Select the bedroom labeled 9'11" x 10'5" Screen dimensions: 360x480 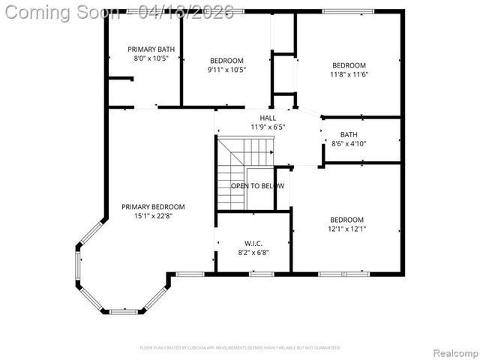click(x=226, y=65)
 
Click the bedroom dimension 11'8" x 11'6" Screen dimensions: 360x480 click(x=349, y=74)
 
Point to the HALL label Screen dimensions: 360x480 click(x=268, y=118)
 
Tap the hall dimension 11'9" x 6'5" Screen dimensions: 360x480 click(x=268, y=127)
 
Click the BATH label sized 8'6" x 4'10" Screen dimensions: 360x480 click(x=349, y=135)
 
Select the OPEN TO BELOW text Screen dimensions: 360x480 click(x=257, y=185)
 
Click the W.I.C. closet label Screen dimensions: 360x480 click(x=252, y=243)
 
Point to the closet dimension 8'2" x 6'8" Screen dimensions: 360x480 click(x=252, y=253)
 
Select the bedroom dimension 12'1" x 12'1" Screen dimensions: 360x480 click(x=347, y=229)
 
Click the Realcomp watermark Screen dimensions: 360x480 click(x=453, y=352)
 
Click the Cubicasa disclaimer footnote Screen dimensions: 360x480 click(x=240, y=348)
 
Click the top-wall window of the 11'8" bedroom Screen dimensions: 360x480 click(x=347, y=11)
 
